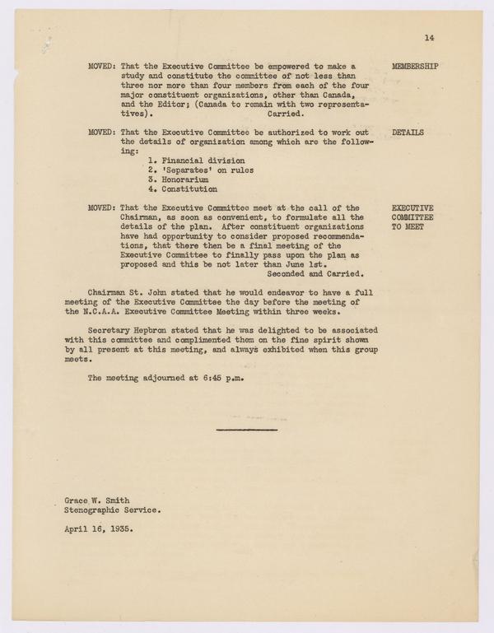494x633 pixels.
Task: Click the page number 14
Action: click(x=429, y=37)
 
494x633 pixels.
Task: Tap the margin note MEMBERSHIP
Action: click(x=417, y=65)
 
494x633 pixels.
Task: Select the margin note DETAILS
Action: click(x=408, y=131)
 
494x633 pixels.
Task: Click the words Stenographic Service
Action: click(x=113, y=510)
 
